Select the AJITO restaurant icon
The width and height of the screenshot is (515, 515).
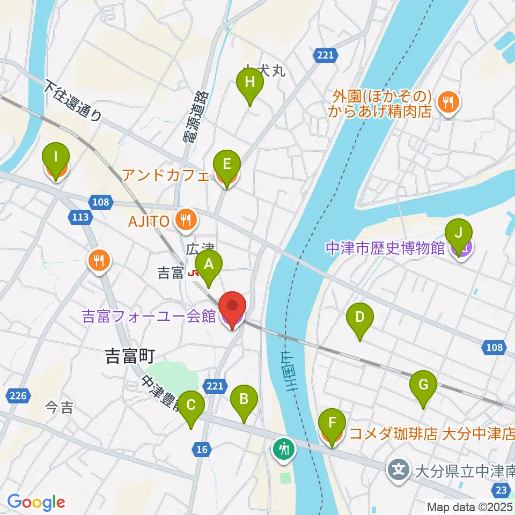[x=186, y=219]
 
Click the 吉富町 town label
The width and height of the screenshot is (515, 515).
[x=129, y=357]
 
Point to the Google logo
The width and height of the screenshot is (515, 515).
[x=36, y=502]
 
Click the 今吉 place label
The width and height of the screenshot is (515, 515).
[x=60, y=408]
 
